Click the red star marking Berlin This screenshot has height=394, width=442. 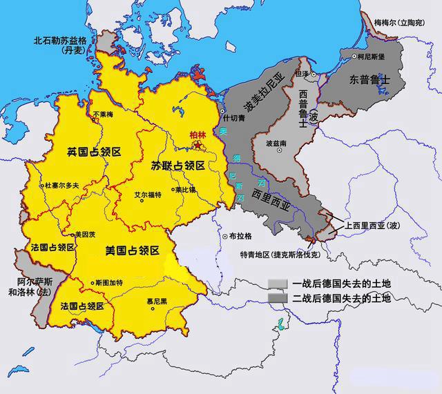point(198,146)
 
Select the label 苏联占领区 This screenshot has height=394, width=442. point(177,166)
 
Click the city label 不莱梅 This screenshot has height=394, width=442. point(104,115)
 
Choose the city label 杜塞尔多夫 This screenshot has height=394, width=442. point(66,186)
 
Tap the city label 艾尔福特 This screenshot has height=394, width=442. point(148,195)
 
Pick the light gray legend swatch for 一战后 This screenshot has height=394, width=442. point(278,284)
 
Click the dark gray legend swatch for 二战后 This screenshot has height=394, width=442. point(278,298)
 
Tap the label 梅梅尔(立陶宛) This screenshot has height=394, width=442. point(407,23)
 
